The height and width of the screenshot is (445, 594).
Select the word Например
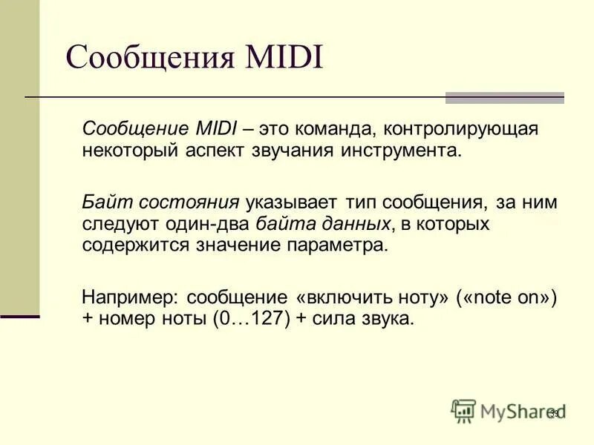pyautogui.click(x=129, y=297)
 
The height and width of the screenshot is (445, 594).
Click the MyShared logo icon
pyautogui.click(x=463, y=410)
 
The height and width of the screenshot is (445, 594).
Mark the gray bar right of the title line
pyautogui.click(x=504, y=97)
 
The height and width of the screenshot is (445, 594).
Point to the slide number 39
pyautogui.click(x=553, y=413)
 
